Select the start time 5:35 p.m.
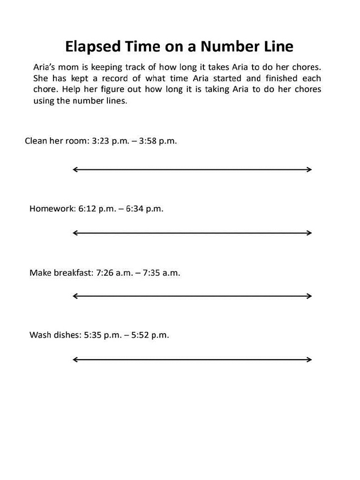[102, 335]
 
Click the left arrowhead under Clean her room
[75, 170]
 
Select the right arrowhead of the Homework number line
[309, 233]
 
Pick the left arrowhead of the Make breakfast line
[75, 296]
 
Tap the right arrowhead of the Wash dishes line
[309, 360]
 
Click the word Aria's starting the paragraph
[45, 67]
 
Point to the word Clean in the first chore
[36, 141]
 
